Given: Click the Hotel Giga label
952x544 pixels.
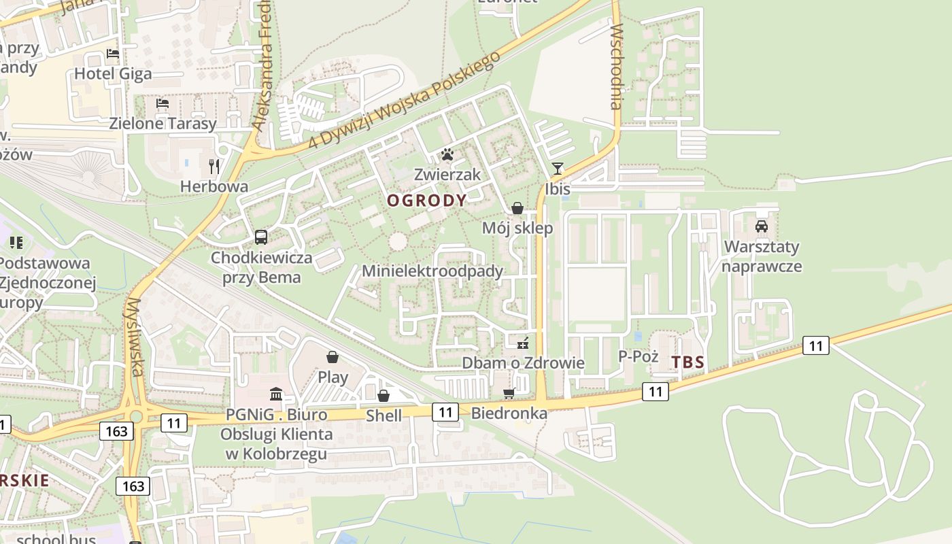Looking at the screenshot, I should click(113, 73).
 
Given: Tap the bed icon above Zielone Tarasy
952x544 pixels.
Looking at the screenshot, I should click(163, 103).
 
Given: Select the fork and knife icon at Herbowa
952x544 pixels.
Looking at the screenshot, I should click(214, 165).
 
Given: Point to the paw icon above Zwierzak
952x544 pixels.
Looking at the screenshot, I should click(447, 154).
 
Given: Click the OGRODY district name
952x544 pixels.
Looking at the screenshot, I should click(427, 201).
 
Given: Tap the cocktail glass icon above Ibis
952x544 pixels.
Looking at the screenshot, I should click(558, 169).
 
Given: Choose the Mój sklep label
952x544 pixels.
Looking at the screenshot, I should click(517, 228).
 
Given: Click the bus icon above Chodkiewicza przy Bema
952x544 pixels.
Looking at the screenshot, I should click(261, 237).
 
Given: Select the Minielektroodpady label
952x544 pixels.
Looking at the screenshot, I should click(432, 271).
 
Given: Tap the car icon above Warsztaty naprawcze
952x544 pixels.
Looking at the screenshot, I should click(762, 226).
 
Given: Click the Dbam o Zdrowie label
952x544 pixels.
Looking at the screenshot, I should click(523, 362).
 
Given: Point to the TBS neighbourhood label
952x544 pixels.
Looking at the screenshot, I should click(688, 362).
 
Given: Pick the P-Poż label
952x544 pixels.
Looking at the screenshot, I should click(638, 356).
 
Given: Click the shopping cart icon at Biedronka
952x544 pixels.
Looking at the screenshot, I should click(509, 393).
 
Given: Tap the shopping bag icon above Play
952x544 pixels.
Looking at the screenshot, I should click(333, 357).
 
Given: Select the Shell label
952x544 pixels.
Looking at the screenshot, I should click(384, 415).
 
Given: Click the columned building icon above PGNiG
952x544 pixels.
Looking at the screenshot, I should click(276, 394).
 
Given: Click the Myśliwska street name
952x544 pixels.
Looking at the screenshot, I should click(135, 337).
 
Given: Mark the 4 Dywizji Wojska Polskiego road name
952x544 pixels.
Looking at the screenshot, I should click(405, 100).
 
